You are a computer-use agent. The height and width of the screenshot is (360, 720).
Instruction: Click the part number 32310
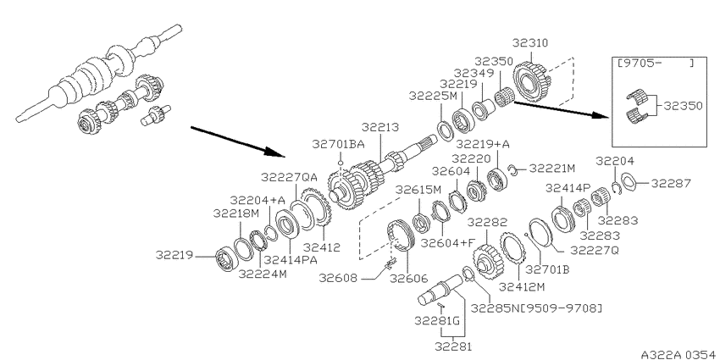coord(530,43)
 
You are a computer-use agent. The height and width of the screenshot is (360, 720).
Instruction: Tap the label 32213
coord(379,127)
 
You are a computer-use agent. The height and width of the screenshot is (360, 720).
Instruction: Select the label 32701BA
coord(339,144)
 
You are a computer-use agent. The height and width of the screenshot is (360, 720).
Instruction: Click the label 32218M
coord(236,213)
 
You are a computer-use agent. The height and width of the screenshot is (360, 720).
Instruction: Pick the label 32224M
coord(263,274)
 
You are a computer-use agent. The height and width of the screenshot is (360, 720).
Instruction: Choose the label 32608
coord(339,279)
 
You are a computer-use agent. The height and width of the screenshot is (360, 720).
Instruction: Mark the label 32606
coord(408,279)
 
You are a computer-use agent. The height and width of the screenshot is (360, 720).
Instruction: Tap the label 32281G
coord(437,320)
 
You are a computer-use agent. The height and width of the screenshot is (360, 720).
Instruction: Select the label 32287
coord(671,184)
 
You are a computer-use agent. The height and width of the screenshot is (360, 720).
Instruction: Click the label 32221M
coord(552,169)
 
